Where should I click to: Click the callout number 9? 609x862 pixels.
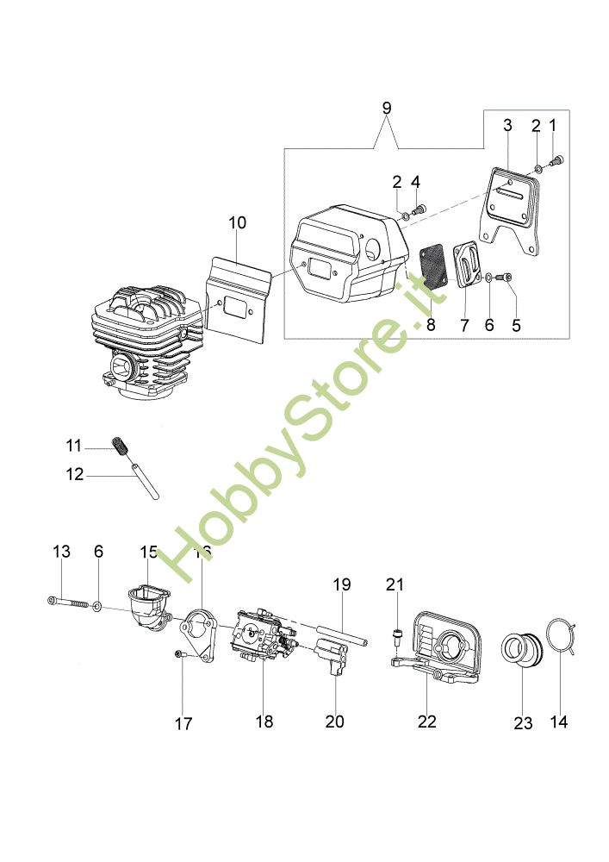386,108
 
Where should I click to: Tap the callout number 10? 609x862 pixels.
237,222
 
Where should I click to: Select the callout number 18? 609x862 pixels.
264,721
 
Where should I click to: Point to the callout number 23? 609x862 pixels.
524,723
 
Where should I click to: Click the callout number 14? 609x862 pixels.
559,722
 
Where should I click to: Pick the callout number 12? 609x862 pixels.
74,473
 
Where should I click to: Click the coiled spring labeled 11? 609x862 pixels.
120,448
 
